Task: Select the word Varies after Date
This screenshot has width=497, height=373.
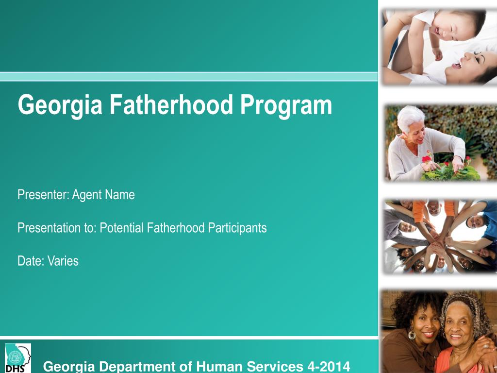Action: (x=63, y=261)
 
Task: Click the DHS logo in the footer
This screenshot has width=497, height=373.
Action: (x=18, y=358)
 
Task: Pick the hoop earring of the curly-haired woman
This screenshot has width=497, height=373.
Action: (x=412, y=335)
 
